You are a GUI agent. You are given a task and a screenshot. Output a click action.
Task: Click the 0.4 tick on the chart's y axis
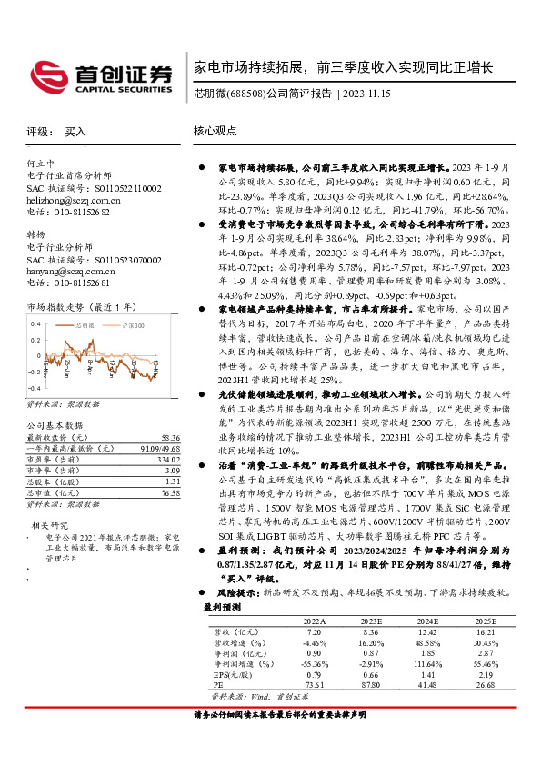tap(36, 323)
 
